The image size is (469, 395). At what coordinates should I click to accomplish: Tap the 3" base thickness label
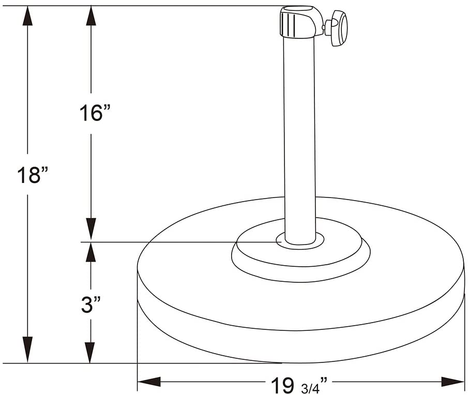click(91, 305)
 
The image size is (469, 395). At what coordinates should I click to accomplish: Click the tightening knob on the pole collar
click(339, 27)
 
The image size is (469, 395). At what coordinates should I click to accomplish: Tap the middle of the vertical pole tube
click(299, 134)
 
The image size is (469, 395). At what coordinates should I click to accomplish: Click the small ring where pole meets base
click(300, 241)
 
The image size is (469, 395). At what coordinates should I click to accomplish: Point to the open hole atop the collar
click(297, 9)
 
